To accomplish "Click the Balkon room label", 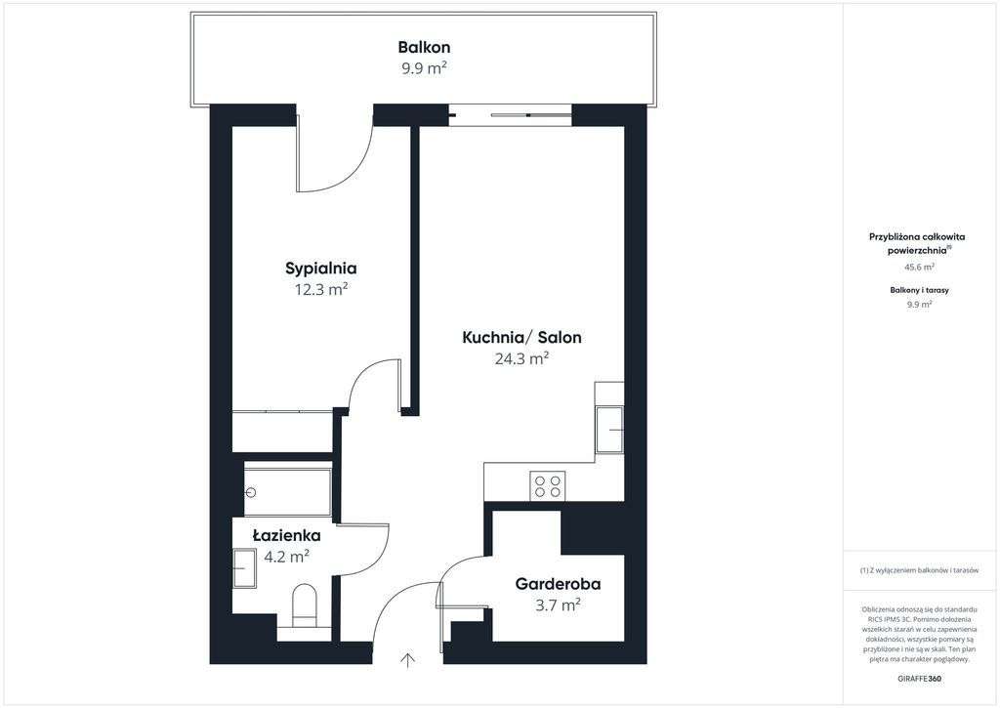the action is [424, 47].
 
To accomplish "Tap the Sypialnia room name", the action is [320, 269].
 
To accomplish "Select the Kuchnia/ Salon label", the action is [521, 337].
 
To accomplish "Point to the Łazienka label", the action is [286, 536].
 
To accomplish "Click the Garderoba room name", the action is [558, 584].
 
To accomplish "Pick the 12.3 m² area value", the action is [320, 290].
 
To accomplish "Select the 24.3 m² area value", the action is [521, 358].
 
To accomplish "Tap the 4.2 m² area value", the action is [287, 557].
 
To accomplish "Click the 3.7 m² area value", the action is [558, 604].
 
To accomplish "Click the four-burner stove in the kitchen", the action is [548, 486].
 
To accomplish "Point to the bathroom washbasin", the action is [245, 567].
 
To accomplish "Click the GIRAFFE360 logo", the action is [919, 679].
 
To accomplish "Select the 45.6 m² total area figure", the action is [919, 268].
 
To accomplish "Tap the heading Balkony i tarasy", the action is [919, 290].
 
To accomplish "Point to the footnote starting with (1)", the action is [919, 571].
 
